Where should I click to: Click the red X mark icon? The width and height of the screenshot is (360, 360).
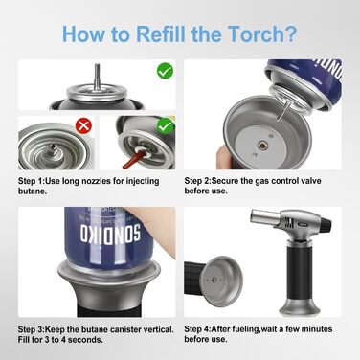(83, 125)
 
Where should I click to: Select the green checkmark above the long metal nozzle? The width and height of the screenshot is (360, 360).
(165, 71)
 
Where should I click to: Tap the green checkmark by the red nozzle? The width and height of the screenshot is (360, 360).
(165, 126)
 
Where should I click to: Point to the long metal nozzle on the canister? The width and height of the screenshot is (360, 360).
(97, 79)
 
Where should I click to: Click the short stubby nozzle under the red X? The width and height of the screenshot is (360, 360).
(51, 149)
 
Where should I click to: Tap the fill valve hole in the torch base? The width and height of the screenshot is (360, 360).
(261, 146)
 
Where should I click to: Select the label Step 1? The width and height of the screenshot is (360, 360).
(32, 181)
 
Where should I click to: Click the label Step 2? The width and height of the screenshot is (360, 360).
(197, 181)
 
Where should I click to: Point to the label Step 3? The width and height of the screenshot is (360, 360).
(32, 329)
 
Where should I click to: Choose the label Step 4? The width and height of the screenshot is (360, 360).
(197, 328)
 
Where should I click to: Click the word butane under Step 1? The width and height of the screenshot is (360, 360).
(33, 191)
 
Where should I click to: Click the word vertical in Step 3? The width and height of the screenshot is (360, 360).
(158, 329)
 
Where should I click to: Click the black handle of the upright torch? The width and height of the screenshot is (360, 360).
(299, 275)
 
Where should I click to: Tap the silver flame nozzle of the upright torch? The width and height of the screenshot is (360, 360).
(260, 219)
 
